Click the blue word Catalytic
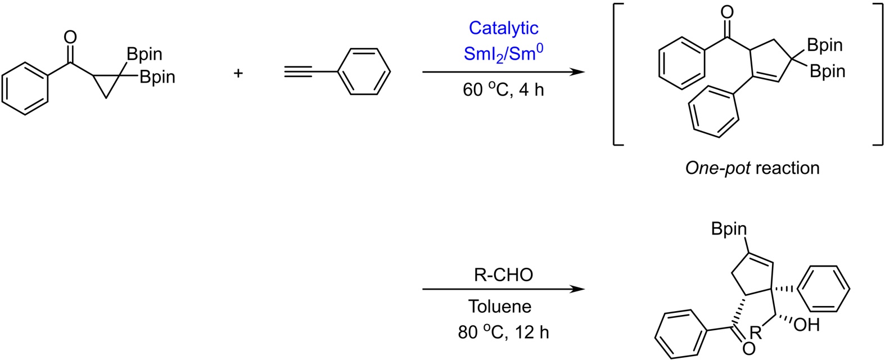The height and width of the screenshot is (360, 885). [x=503, y=28]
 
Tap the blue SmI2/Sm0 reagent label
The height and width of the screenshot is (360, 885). [x=503, y=54]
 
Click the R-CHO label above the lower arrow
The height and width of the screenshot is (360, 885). [x=503, y=276]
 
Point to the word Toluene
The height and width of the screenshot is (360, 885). [x=500, y=306]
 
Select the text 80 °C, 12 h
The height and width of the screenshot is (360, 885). [x=503, y=332]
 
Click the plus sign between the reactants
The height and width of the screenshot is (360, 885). [x=238, y=73]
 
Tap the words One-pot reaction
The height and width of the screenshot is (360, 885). [x=752, y=168]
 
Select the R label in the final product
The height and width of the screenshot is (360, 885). [x=755, y=332]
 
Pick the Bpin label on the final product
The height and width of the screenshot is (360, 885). [x=729, y=229]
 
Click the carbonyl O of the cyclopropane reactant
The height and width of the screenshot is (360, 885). [x=70, y=38]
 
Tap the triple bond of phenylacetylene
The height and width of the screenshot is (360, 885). [x=309, y=73]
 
